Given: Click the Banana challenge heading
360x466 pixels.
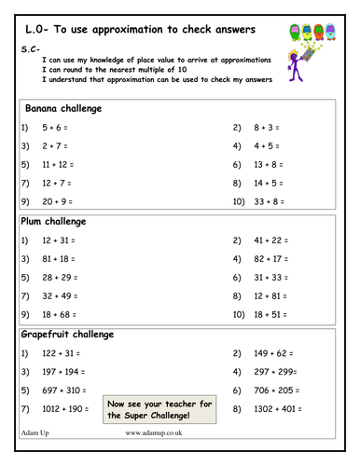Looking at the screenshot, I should (63, 109).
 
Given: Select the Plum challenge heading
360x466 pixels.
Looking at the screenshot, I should (53, 222).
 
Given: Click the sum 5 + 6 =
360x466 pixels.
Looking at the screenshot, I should (55, 127).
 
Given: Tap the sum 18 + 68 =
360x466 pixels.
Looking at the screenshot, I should (59, 315).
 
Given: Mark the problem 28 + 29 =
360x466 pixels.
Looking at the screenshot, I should (59, 278).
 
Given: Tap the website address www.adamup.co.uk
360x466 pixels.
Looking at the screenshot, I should (153, 432).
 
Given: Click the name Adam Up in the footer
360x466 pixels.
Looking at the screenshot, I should (35, 432).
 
